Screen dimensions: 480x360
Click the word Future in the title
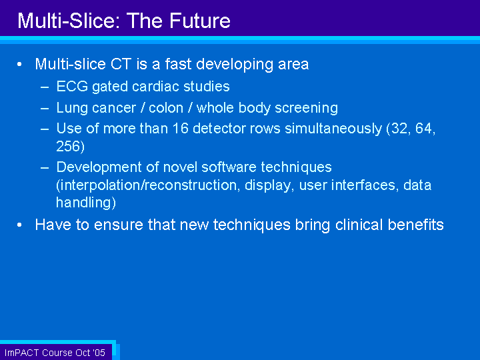200,21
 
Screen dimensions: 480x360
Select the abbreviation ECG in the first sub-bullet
72,86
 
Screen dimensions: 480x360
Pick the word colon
166,108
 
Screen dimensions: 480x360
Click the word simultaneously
333,129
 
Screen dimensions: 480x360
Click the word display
267,185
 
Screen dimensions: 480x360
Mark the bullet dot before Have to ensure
19,225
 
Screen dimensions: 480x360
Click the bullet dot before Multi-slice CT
19,64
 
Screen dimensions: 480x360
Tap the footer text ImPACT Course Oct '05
55,353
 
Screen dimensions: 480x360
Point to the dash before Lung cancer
45,109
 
